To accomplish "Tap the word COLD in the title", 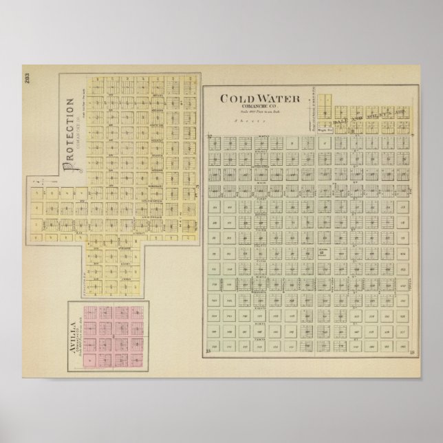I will [235, 98].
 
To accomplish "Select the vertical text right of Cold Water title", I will [314, 111].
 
